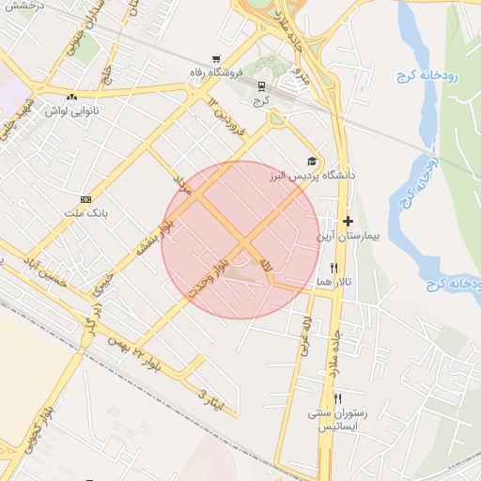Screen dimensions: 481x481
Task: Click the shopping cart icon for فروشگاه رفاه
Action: pos(216,58)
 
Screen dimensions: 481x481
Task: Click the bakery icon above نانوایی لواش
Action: pos(71,96)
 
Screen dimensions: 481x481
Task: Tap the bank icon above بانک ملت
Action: pos(86,199)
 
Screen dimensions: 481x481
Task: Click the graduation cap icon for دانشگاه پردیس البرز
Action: pos(312,162)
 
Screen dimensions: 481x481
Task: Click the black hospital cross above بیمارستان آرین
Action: pos(348,221)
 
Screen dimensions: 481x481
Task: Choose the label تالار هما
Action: pos(332,282)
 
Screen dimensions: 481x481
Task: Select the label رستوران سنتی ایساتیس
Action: pos(342,420)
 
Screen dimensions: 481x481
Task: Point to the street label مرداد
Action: pos(181,182)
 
